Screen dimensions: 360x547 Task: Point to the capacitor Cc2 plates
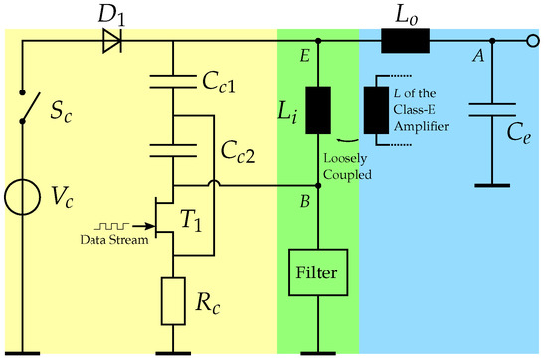click(x=173, y=149)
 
